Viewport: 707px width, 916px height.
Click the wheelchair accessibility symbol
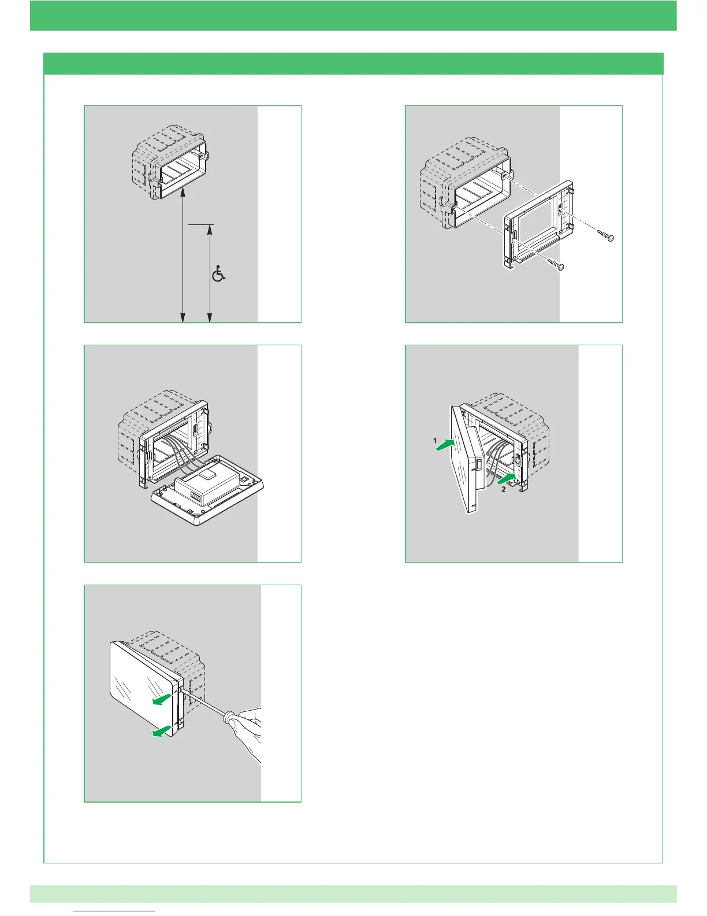pyautogui.click(x=218, y=273)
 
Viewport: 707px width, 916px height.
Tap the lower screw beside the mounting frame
pyautogui.click(x=556, y=264)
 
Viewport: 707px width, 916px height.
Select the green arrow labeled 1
pyautogui.click(x=445, y=445)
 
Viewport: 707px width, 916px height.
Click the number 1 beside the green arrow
pyautogui.click(x=436, y=440)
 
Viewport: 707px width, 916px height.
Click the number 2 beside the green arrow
pyautogui.click(x=504, y=490)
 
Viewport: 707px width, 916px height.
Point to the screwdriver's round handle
pyautogui.click(x=230, y=716)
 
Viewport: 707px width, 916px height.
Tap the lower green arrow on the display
pyautogui.click(x=162, y=732)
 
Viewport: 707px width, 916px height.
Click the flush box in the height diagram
pyautogui.click(x=170, y=161)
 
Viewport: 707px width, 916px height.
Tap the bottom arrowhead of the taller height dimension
pyautogui.click(x=183, y=318)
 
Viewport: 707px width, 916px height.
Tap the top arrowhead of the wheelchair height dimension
pyautogui.click(x=210, y=230)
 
